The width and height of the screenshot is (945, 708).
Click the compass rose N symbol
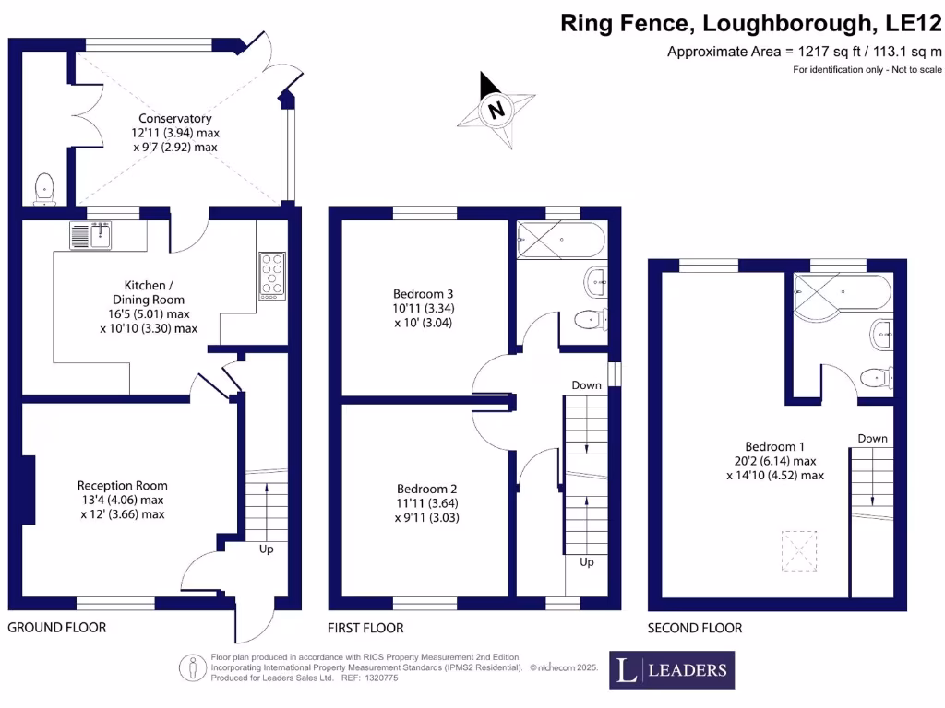point(497,111)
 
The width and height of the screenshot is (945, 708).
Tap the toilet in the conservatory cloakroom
point(43,189)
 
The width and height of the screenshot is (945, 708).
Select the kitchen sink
point(90,236)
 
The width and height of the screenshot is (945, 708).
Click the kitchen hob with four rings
point(272,274)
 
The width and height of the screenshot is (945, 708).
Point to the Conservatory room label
point(175,118)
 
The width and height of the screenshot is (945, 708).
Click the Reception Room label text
point(123,485)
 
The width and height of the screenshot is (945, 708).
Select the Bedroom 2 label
point(427,489)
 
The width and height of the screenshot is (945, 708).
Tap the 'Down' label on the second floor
point(872,438)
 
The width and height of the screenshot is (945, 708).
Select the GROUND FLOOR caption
point(57,628)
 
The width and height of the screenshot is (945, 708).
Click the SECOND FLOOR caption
point(695,628)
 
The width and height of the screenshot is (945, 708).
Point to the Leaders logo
point(672,670)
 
